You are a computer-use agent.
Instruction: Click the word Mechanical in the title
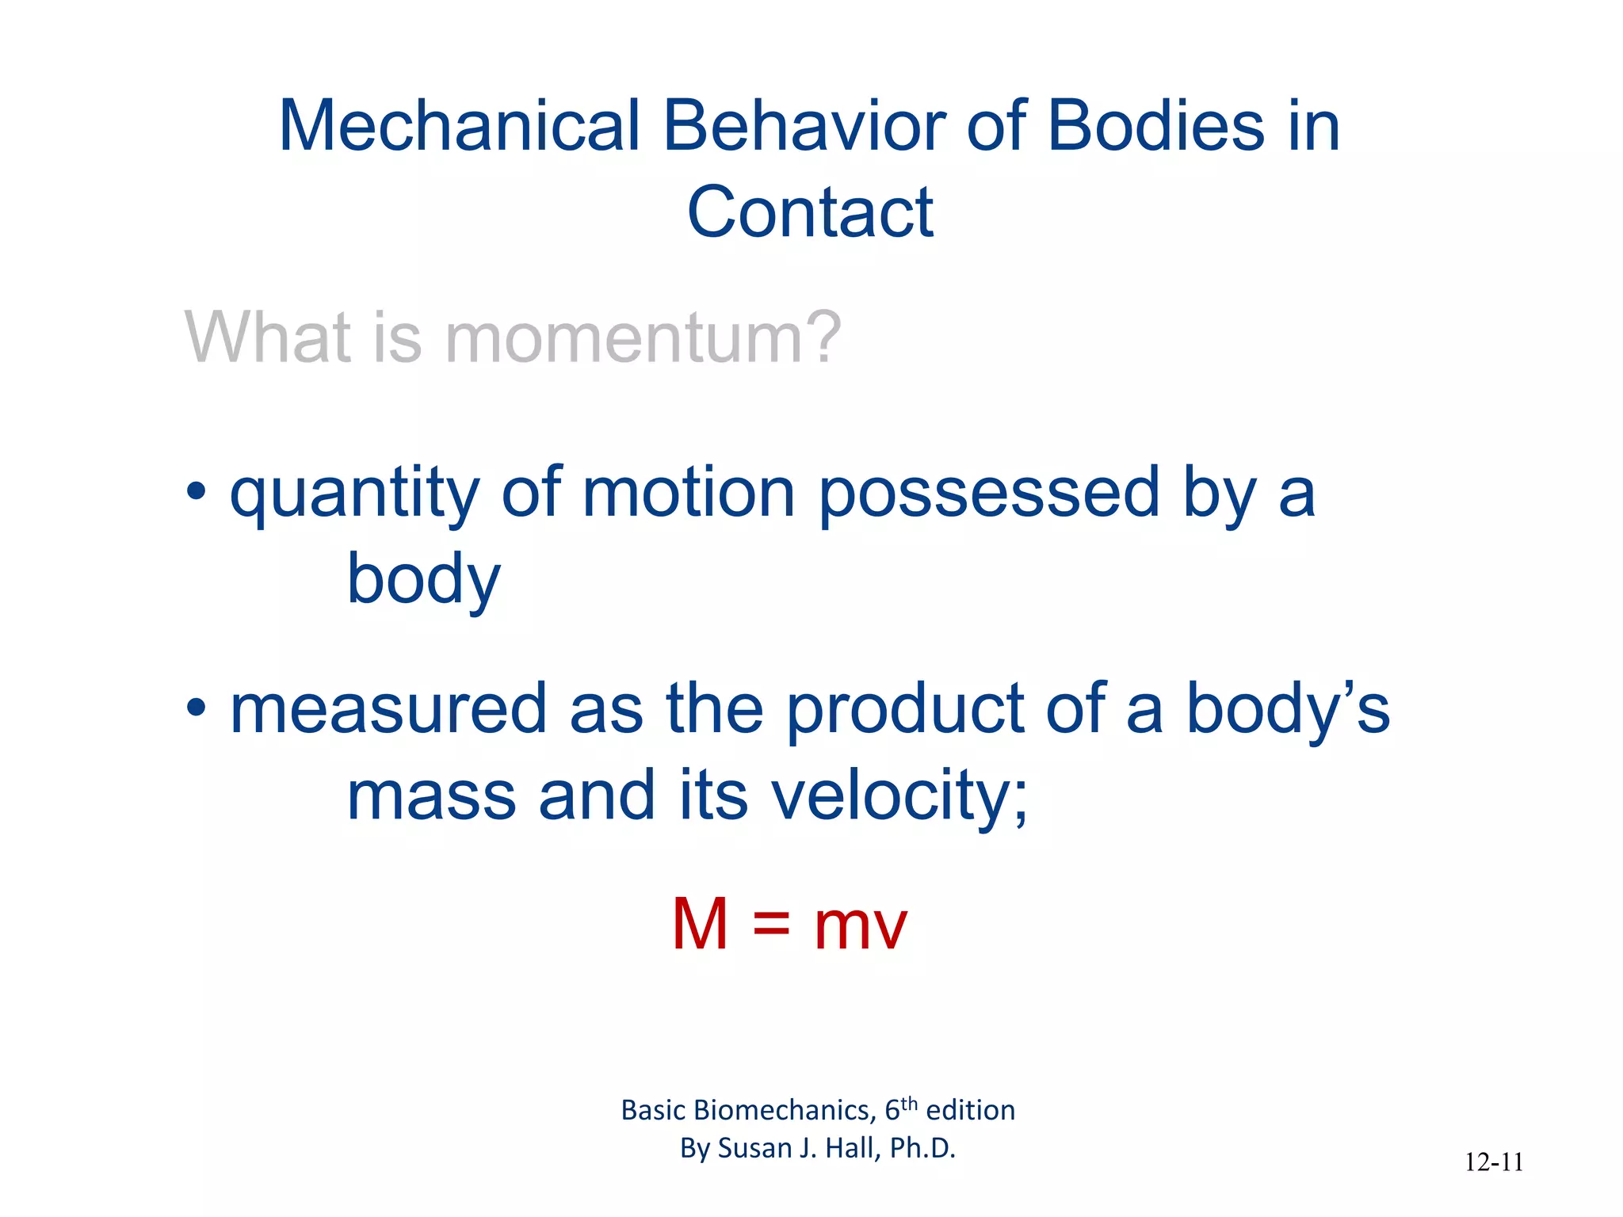(459, 126)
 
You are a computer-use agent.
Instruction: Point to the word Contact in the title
(810, 212)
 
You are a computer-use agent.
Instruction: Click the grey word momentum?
(643, 338)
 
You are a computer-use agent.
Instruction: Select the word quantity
(354, 496)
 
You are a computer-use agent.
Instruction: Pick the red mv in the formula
(860, 927)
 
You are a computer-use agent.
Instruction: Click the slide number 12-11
(1494, 1162)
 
